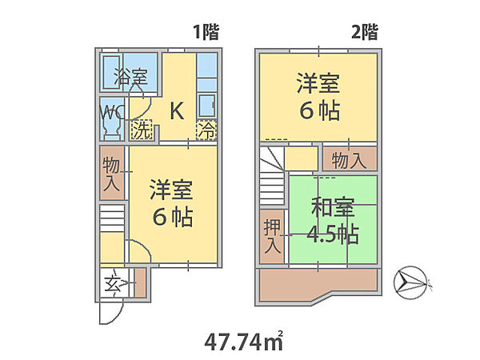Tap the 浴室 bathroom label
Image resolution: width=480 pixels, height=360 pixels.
tap(130, 78)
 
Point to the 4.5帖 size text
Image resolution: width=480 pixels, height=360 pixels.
tap(333, 235)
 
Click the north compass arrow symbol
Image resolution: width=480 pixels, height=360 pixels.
tap(414, 280)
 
